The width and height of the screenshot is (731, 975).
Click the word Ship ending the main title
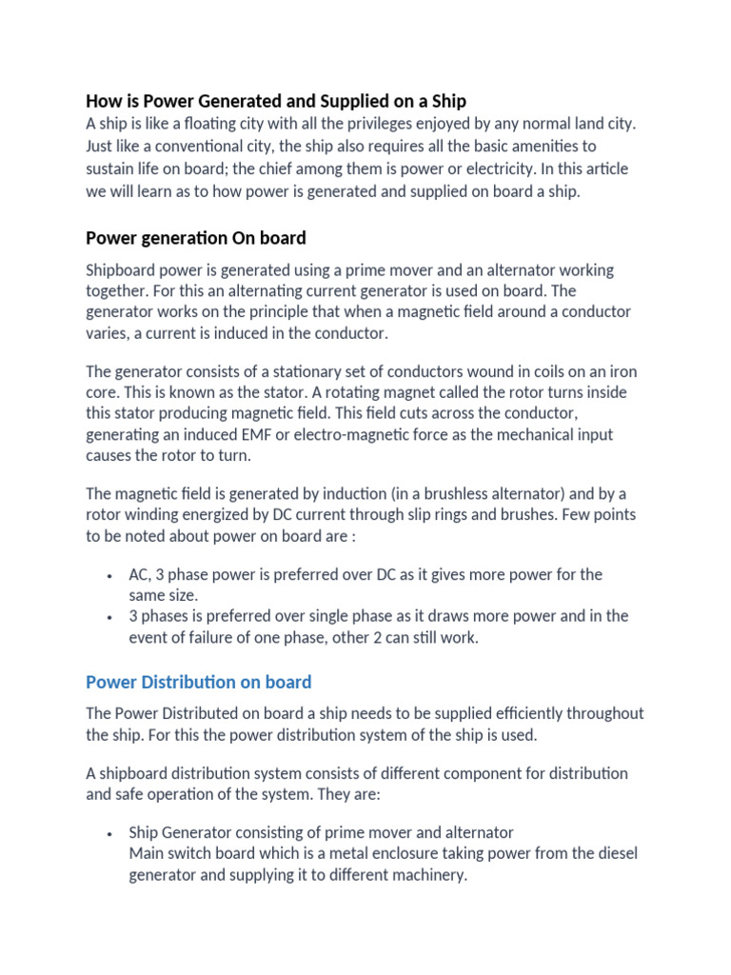pos(448,101)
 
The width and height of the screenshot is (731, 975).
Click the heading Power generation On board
pos(195,237)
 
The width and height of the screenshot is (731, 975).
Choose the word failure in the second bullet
pos(225,638)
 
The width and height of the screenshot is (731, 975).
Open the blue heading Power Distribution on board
pos(199,682)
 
